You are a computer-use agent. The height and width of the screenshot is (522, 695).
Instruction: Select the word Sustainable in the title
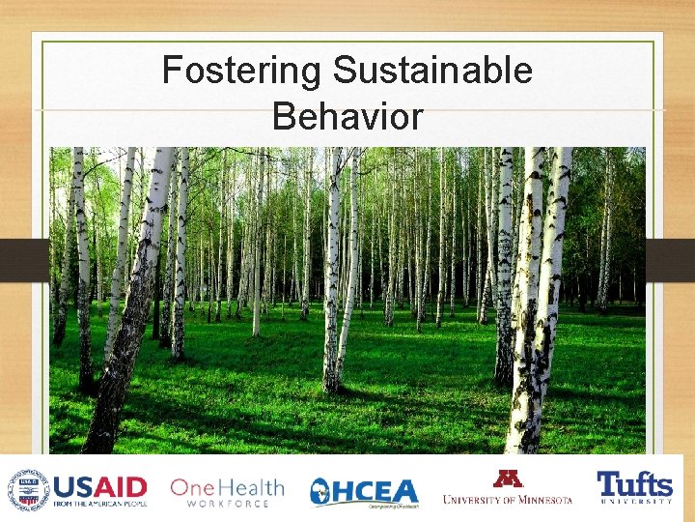[x=432, y=72]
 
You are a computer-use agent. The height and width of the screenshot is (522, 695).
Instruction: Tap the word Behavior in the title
[x=347, y=117]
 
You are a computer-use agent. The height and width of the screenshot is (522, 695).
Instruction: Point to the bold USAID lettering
[x=100, y=485]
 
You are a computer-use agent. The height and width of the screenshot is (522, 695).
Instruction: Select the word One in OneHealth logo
[x=191, y=488]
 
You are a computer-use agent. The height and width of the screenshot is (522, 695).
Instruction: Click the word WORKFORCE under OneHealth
[x=228, y=505]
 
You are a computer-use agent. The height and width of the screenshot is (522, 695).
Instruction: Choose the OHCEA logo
[x=365, y=492]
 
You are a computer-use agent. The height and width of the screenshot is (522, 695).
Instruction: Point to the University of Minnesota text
[x=508, y=499]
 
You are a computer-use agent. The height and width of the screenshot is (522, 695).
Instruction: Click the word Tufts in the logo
[x=634, y=483]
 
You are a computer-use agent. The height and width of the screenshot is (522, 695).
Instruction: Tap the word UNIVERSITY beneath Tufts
[x=634, y=502]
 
